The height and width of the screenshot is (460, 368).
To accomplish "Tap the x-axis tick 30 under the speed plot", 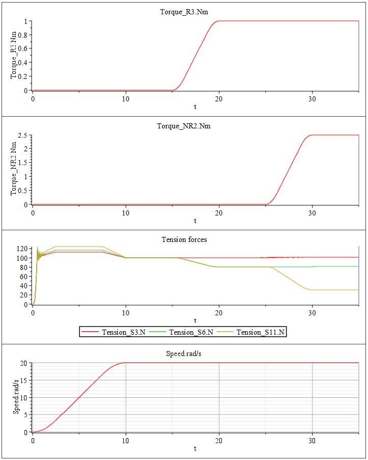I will pyautogui.click(x=312, y=440).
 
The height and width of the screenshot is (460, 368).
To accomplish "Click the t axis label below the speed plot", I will pyautogui.click(x=195, y=448).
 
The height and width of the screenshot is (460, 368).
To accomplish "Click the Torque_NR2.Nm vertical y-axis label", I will pyautogui.click(x=14, y=170).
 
